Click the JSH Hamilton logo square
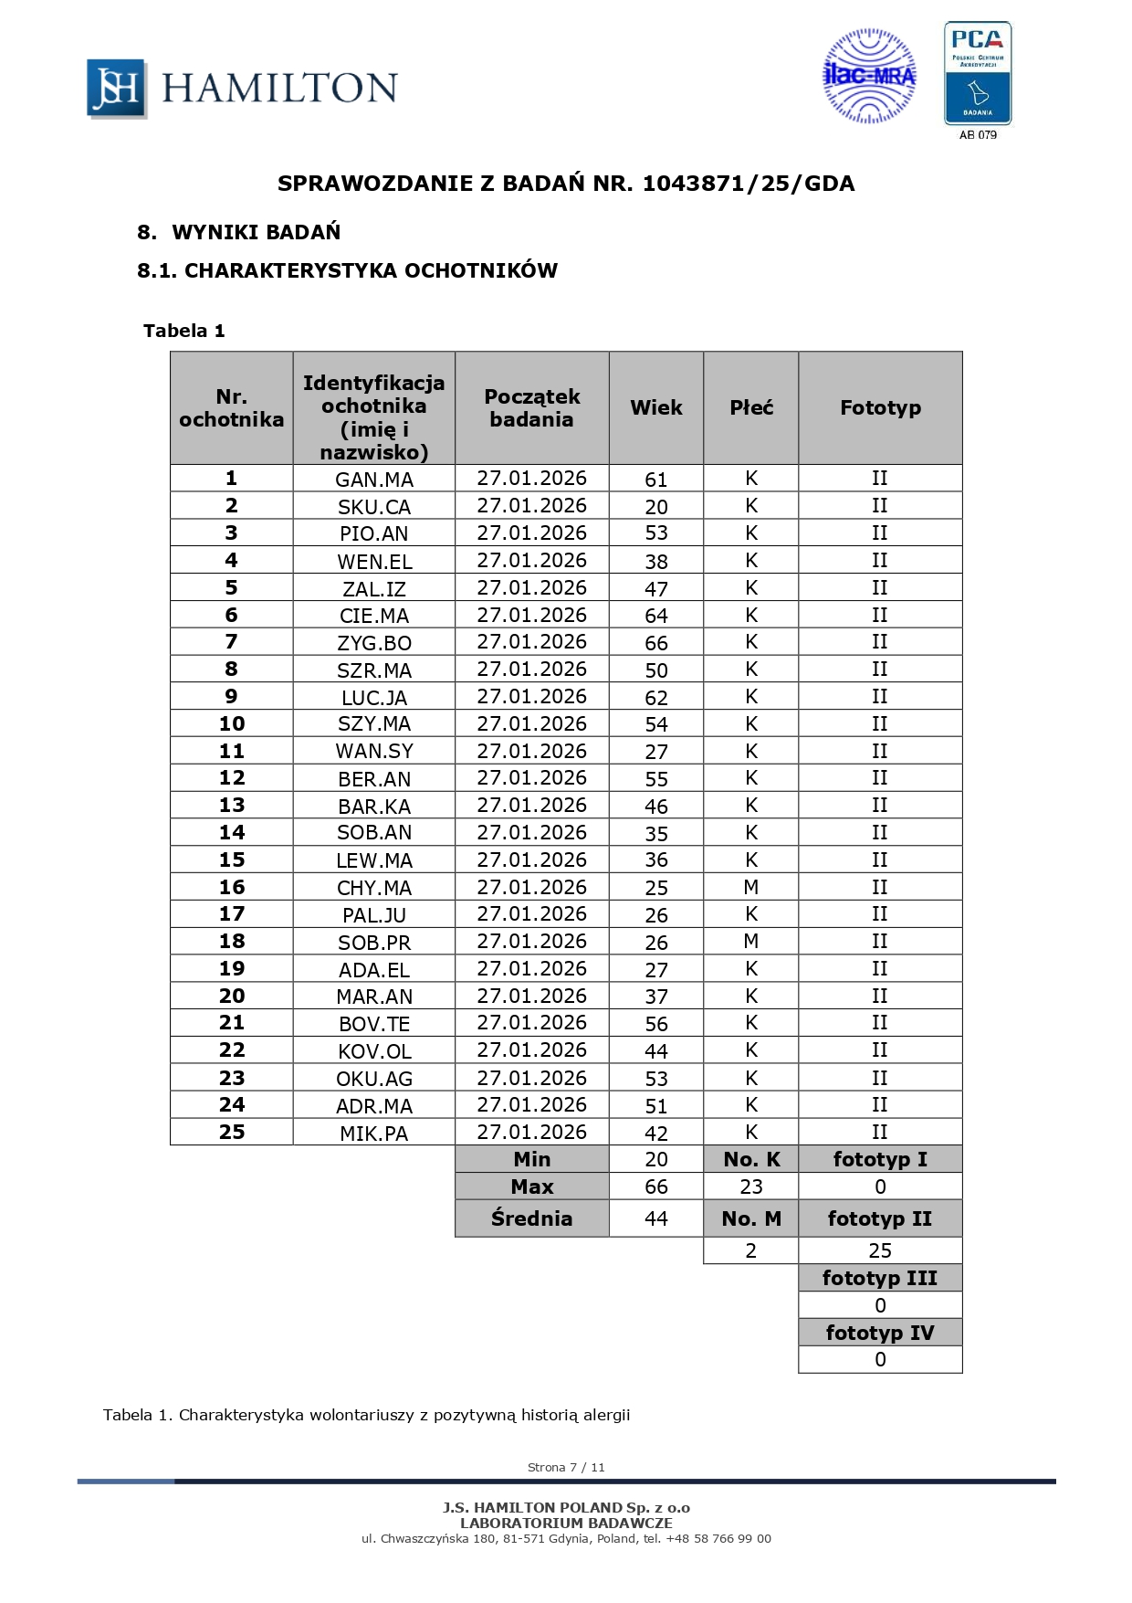pyautogui.click(x=116, y=88)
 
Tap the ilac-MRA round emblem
pyautogui.click(x=869, y=76)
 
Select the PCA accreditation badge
pyautogui.click(x=978, y=74)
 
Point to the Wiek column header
pyautogui.click(x=656, y=407)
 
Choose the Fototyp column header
pyautogui.click(x=880, y=407)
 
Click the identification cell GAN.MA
pyautogui.click(x=374, y=480)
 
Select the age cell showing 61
pyautogui.click(x=656, y=480)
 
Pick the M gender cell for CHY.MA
pyautogui.click(x=751, y=887)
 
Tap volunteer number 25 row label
pyautogui.click(x=232, y=1132)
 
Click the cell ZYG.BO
pyautogui.click(x=374, y=643)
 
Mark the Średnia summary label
pyautogui.click(x=531, y=1218)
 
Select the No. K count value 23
pyautogui.click(x=751, y=1186)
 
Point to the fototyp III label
pyautogui.click(x=880, y=1278)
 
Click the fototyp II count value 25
pyautogui.click(x=880, y=1250)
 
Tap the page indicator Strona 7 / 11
pyautogui.click(x=566, y=1467)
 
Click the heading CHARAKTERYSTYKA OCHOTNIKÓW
pyautogui.click(x=371, y=270)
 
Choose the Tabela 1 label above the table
pyautogui.click(x=184, y=331)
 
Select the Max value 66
pyautogui.click(x=656, y=1186)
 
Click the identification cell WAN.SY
pyautogui.click(x=374, y=752)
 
